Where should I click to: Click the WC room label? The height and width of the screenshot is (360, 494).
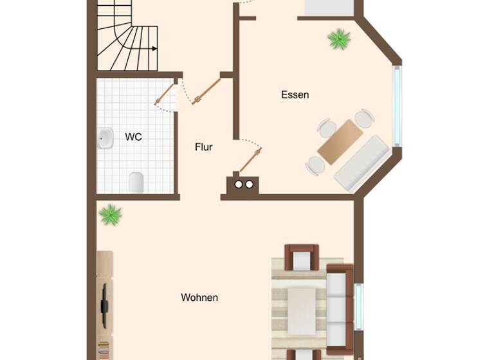[133, 137]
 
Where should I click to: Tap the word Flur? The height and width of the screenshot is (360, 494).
[203, 147]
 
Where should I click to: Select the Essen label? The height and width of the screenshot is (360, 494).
[295, 95]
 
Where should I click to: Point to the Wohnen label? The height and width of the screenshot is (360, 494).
[199, 298]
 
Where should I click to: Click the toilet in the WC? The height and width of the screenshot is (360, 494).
[136, 183]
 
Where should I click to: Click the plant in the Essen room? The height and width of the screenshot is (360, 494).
[339, 39]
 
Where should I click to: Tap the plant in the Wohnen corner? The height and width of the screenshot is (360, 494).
[111, 215]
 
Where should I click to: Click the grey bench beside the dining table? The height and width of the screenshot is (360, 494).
[361, 162]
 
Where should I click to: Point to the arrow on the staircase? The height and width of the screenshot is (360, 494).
[154, 48]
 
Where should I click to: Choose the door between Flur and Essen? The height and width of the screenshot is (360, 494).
[250, 160]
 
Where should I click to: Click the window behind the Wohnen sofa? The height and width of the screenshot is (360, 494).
[358, 306]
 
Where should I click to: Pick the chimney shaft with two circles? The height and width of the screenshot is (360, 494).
[243, 185]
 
